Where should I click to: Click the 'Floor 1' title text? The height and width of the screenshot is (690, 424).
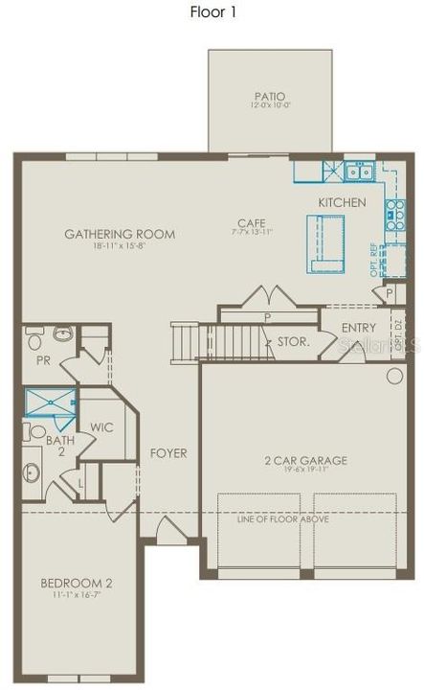coord(212,12)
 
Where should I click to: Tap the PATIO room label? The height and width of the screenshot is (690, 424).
coord(270,96)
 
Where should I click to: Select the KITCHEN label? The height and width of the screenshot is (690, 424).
coord(342,202)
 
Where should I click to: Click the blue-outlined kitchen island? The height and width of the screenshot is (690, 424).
coord(325,243)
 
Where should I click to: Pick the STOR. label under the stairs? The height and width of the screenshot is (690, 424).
coord(292,340)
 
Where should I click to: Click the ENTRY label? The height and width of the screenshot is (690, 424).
coord(359,328)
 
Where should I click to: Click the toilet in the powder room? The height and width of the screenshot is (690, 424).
coord(34,338)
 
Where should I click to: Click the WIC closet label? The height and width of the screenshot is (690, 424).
coord(102,427)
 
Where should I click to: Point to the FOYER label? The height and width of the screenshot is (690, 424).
coord(168,452)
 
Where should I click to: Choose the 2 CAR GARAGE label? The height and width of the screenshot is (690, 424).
coord(305,461)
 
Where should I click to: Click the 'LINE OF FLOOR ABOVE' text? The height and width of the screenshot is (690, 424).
coord(283,518)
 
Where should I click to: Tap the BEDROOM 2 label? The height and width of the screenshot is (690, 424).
coord(77,583)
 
